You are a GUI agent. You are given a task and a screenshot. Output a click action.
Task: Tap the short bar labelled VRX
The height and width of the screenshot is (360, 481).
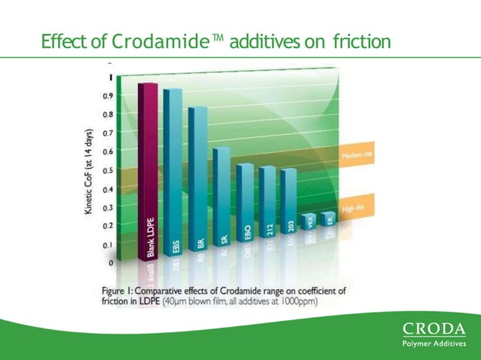pyautogui.click(x=308, y=221)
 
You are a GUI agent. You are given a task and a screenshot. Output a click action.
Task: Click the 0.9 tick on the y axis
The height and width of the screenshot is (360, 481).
pyautogui.click(x=109, y=96)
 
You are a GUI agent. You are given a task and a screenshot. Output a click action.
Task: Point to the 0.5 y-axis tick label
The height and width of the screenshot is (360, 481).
pyautogui.click(x=109, y=170)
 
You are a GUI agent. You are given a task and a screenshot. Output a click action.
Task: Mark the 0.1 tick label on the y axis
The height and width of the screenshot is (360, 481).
pyautogui.click(x=109, y=245)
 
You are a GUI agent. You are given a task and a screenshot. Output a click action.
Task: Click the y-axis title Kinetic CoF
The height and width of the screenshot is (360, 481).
pyautogui.click(x=89, y=172)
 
